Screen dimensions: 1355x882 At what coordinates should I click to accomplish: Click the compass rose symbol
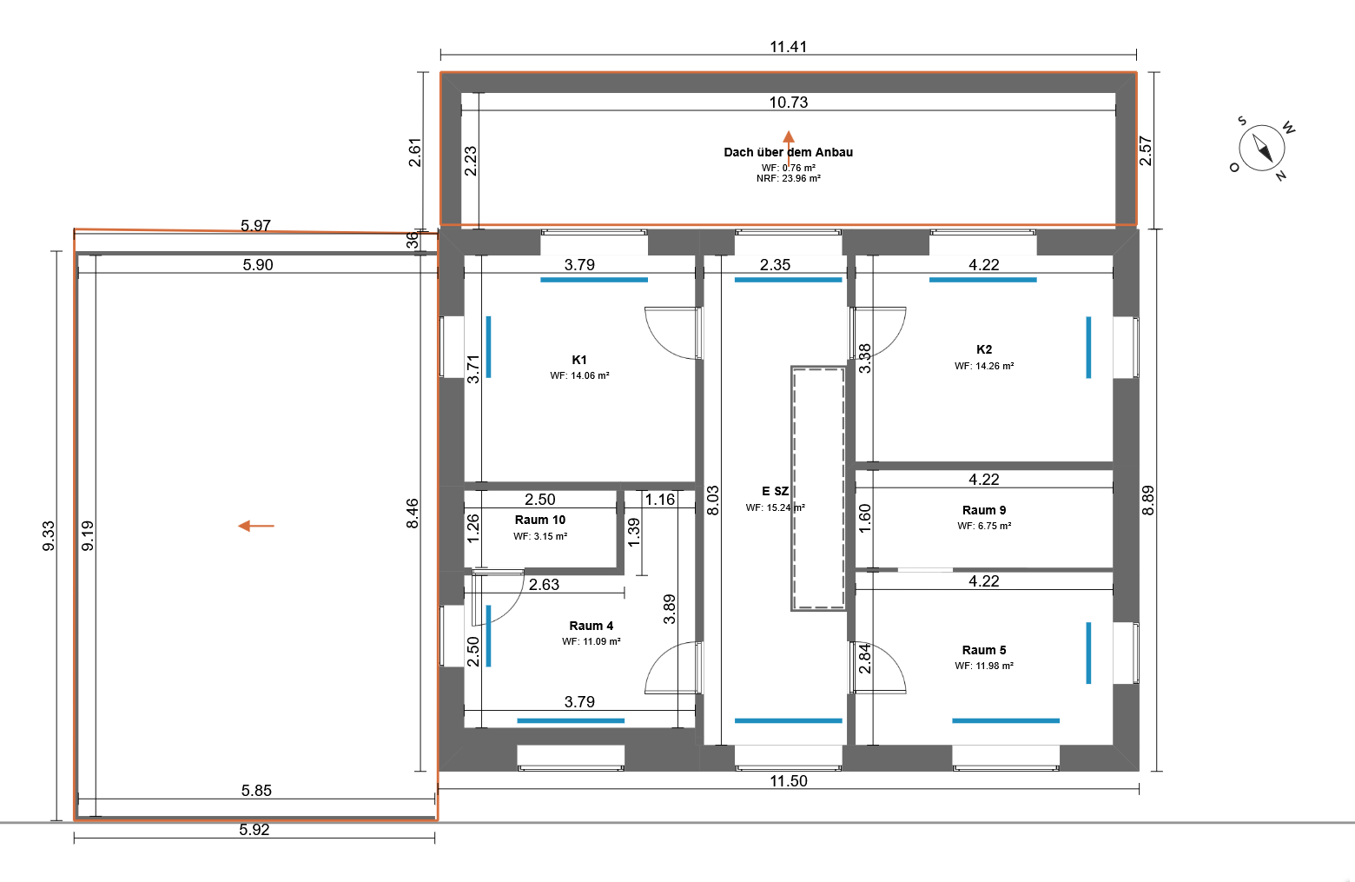(x=1262, y=149)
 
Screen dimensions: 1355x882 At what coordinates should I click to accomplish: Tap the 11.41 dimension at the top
(x=788, y=47)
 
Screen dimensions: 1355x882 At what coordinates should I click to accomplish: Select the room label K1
(x=579, y=360)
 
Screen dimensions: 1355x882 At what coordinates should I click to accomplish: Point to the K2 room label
(x=984, y=349)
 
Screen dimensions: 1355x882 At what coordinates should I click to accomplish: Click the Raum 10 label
(x=540, y=520)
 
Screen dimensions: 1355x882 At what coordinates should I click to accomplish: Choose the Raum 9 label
(x=984, y=510)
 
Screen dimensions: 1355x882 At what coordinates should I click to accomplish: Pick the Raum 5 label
(x=984, y=649)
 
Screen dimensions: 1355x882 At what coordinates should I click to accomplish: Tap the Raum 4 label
(x=591, y=626)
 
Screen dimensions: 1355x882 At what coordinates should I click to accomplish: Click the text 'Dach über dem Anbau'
(x=788, y=152)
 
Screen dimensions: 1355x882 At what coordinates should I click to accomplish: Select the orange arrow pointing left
(x=256, y=526)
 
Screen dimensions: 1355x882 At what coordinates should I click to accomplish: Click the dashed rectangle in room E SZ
(x=818, y=488)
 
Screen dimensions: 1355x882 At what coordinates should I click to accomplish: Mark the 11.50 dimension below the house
(x=788, y=781)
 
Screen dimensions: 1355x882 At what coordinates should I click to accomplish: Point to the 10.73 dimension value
(x=788, y=103)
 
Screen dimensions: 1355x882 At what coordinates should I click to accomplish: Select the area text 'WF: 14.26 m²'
(x=984, y=366)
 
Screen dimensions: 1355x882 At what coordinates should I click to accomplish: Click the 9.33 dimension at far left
(x=49, y=536)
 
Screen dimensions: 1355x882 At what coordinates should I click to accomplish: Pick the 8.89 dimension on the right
(x=1147, y=500)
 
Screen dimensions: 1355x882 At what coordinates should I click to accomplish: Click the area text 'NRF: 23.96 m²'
(x=788, y=178)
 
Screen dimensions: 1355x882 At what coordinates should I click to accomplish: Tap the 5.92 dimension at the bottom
(x=254, y=829)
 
